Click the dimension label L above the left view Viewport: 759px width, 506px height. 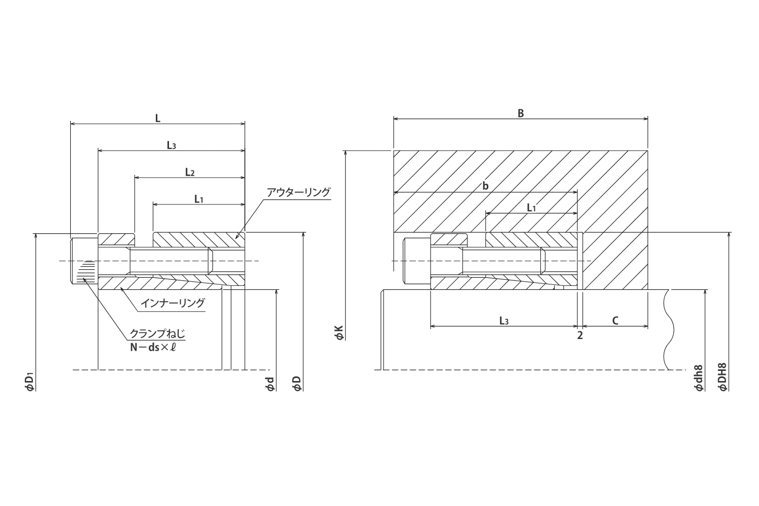coord(157,118)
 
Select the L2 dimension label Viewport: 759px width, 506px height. coord(190,173)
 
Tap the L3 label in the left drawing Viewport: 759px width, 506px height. coord(172,146)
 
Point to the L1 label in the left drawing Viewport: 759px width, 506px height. coord(199,199)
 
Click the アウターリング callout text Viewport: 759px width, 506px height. coord(298,192)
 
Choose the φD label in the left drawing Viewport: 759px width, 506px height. coord(297,384)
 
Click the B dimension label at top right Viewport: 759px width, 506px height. coord(520,114)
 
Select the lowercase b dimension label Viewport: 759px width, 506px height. coord(485,187)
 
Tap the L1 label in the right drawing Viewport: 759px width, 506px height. coord(531,208)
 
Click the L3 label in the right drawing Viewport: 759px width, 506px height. coord(503,321)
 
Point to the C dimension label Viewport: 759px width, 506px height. coord(615,321)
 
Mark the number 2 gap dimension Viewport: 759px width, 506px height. coord(580,335)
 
